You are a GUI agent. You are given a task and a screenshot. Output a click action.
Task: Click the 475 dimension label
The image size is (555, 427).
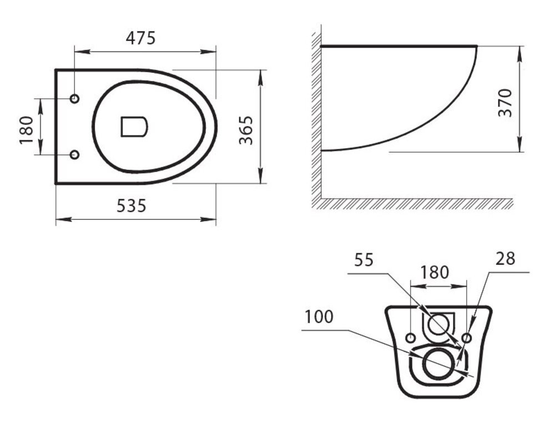tap(140, 38)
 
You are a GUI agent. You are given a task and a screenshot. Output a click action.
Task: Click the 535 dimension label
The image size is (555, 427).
tap(132, 205)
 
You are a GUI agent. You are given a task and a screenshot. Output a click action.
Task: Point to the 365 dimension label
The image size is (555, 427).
tap(246, 130)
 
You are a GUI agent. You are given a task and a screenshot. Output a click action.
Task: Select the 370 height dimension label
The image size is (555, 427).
tap(505, 103)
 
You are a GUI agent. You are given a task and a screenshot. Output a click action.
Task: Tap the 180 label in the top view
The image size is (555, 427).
tap(26, 130)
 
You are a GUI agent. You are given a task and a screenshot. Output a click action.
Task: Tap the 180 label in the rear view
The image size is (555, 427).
tap(435, 272)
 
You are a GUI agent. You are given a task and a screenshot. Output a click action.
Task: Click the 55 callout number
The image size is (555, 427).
tap(364, 260)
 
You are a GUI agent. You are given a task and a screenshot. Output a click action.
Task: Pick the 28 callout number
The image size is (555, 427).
tap(505, 259)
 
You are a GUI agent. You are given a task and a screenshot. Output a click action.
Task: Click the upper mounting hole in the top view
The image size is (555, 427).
tap(75, 98)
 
